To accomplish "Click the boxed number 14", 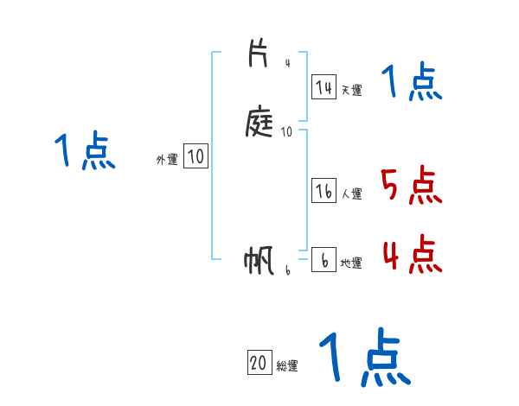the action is coord(324,87).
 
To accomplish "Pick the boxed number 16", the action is coord(324,192).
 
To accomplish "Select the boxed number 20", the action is coord(259,363).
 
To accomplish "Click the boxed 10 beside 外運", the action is coord(196,156).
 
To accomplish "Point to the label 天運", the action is coord(351,90).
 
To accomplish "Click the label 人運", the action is coord(351,194).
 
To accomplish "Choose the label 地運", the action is coord(351,263).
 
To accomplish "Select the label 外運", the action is coord(167,159).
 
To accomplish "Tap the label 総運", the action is coord(287,365).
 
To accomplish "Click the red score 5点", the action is coord(411,186).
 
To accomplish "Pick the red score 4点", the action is coord(411,254).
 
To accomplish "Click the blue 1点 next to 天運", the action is coord(411,83).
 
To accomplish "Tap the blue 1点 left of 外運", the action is coord(85,152).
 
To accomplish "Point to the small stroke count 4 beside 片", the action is coord(287,63).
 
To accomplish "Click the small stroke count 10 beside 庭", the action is coord(287,132).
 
